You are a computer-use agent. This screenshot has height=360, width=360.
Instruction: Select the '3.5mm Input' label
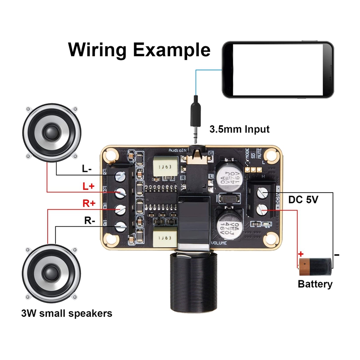coord(239,130)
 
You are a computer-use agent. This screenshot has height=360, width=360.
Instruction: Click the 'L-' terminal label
coord(87,169)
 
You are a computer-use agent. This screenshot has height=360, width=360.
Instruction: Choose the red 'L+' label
coord(89,186)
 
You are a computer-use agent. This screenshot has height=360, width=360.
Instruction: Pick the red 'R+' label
coord(89,203)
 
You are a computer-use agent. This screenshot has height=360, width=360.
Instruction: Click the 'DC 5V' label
coord(303,199)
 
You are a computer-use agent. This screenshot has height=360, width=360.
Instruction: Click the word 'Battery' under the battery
coord(315,284)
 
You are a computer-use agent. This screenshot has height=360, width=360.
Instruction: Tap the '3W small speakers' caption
coord(67,313)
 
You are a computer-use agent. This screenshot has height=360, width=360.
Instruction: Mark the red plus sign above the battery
coord(301,254)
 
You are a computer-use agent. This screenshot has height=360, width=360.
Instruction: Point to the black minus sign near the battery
coord(337,255)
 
